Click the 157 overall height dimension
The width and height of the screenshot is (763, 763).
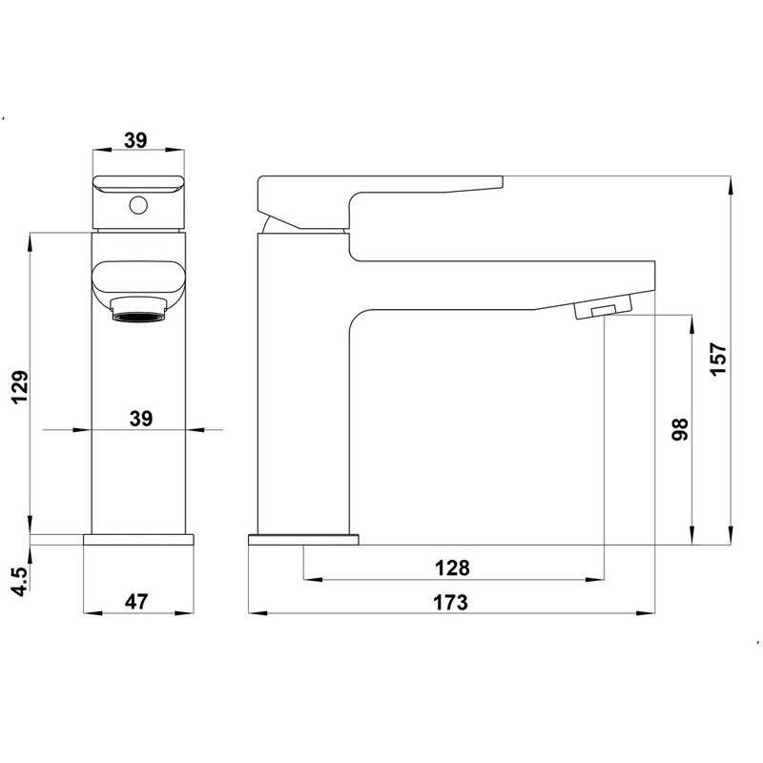pos(718,360)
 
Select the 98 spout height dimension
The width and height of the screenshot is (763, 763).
pos(680,429)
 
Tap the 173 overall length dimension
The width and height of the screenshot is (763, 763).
pos(450,603)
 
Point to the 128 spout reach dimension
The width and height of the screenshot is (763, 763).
pos(452,567)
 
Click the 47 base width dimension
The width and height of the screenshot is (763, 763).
pos(135,602)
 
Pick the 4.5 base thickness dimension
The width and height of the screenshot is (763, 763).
pos(20,582)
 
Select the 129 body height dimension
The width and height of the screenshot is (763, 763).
pos(20,387)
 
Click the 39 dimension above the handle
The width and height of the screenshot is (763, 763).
pos(135,140)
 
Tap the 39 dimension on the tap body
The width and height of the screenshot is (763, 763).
pos(141,419)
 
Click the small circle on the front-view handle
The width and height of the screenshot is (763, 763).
pos(138,205)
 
